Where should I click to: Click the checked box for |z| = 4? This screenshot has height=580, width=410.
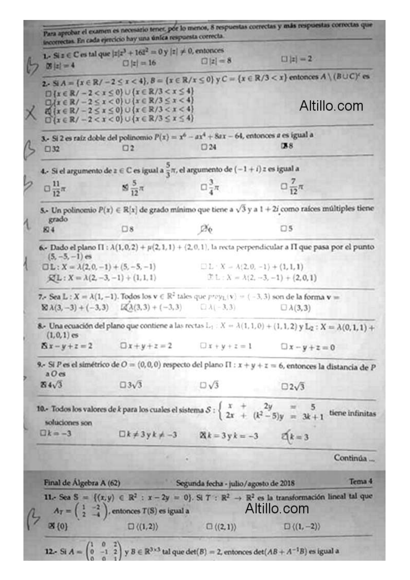[48, 65]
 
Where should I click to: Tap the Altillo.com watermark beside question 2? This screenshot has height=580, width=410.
[331, 106]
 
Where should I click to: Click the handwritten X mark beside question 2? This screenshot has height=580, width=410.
[31, 113]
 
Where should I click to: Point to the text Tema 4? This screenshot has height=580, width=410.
[360, 481]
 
